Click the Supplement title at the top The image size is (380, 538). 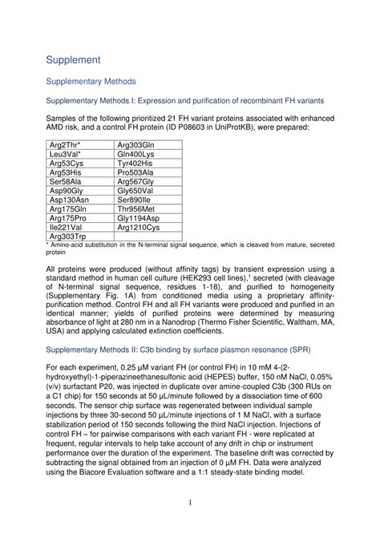pos(73,59)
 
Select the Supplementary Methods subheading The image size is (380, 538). pos(91,81)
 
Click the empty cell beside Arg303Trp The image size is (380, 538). pos(148,237)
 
